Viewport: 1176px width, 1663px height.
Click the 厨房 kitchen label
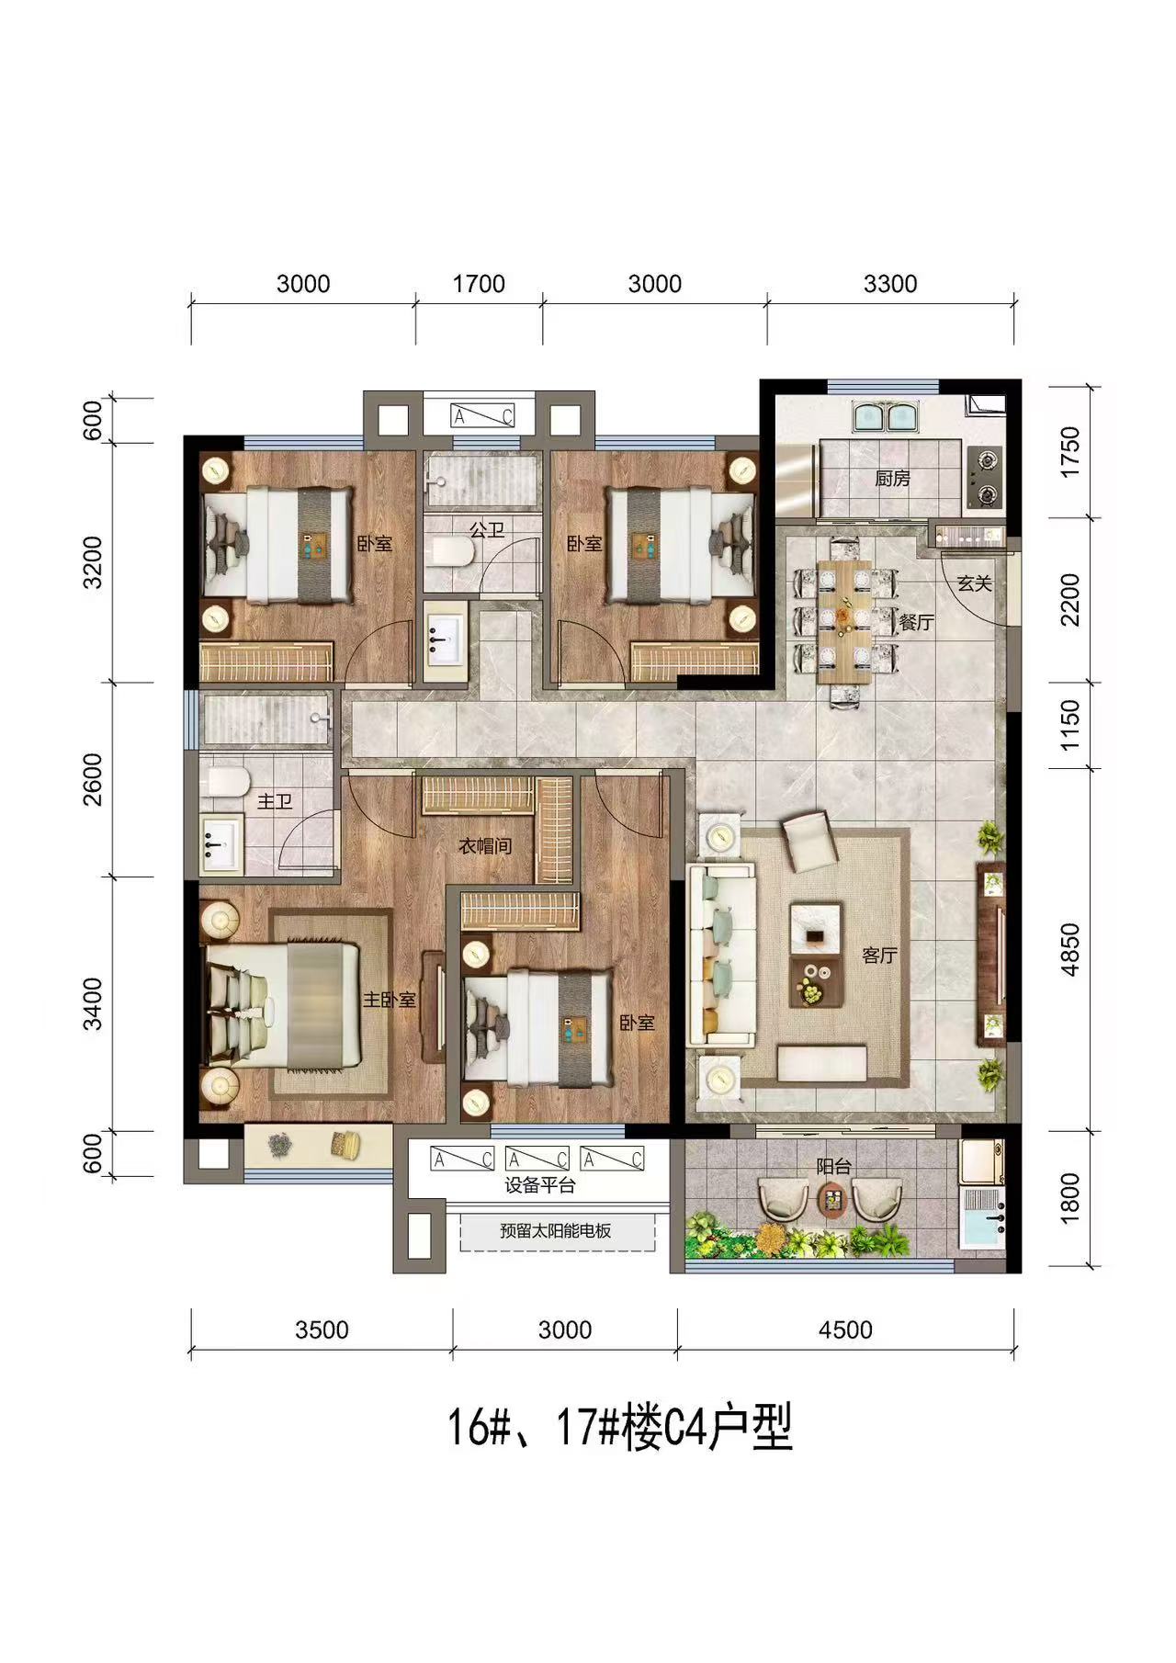tap(892, 479)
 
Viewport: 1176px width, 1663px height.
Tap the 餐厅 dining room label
tap(916, 623)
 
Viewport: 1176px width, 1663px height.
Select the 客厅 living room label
tap(879, 956)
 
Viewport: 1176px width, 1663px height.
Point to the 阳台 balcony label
tap(834, 1167)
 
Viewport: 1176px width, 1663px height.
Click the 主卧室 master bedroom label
tap(390, 999)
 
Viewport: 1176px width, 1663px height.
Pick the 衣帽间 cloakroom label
tap(485, 846)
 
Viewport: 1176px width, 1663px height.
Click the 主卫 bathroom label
tap(274, 802)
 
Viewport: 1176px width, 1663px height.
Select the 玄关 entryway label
tap(974, 583)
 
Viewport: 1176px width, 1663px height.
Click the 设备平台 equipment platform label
tap(540, 1186)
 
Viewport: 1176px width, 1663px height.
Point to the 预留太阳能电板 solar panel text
tap(556, 1231)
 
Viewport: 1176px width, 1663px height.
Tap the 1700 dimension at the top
tap(479, 284)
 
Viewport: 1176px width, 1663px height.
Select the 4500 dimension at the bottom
tap(845, 1329)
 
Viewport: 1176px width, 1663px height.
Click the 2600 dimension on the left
tap(94, 779)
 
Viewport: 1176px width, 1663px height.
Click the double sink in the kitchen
tap(882, 416)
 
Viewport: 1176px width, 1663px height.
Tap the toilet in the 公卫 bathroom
tap(452, 551)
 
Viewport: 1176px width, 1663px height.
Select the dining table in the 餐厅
tap(846, 622)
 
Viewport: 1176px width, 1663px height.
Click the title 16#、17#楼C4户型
tap(619, 1429)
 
